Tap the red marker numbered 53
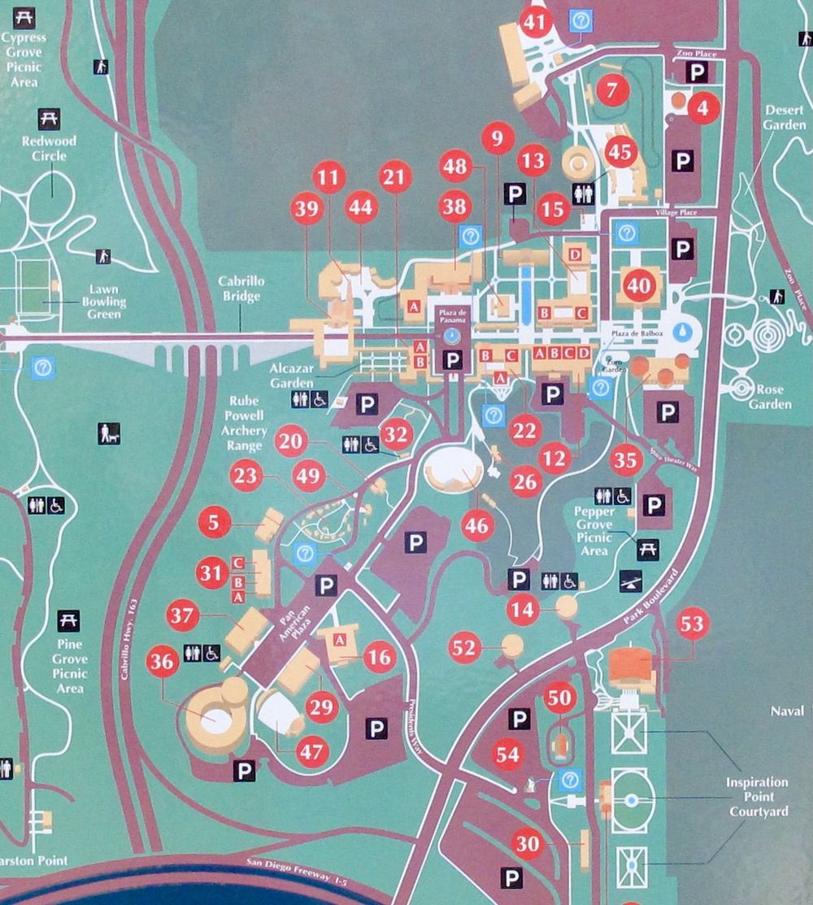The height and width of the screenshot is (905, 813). pos(693,624)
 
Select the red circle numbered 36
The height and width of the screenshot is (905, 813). pos(163,663)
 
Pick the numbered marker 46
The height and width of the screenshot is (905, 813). pos(476,526)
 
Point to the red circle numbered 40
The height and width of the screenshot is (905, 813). pos(640,286)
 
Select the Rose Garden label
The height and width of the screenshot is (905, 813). pos(770,397)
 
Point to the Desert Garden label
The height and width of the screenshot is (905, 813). pos(785,118)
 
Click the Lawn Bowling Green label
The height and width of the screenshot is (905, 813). pos(103,302)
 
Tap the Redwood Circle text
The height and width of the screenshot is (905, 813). pos(49,147)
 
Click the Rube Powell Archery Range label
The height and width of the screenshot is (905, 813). pos(243,422)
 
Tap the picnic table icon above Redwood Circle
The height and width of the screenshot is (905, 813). pos(49,119)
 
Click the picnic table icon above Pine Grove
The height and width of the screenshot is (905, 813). pos(69,621)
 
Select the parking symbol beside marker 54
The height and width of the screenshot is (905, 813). pos(519,719)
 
